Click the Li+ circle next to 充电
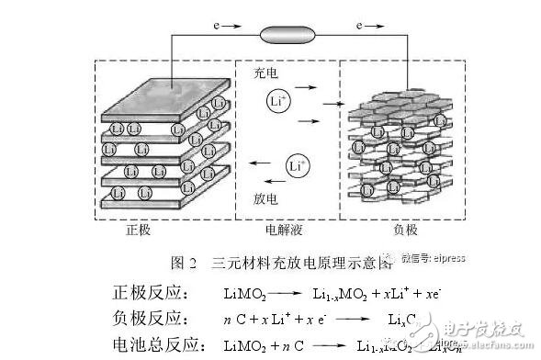click(279, 101)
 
